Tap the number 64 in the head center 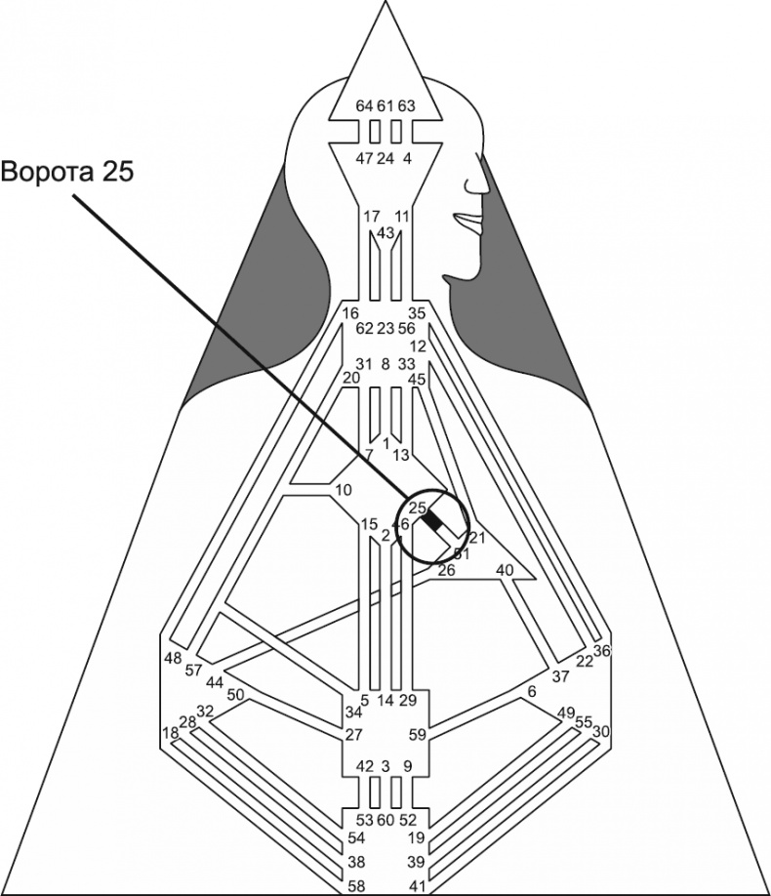(x=364, y=105)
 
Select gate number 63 (x=407, y=105)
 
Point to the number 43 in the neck (x=385, y=232)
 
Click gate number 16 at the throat (x=351, y=313)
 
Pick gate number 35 (x=418, y=313)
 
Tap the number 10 (x=343, y=489)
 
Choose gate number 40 (x=505, y=570)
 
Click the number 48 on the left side (x=173, y=658)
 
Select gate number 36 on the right (x=602, y=651)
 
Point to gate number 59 (x=418, y=735)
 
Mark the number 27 (x=353, y=735)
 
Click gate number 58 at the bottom (x=357, y=886)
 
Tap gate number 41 (x=416, y=886)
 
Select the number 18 (x=171, y=733)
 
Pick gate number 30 (x=602, y=731)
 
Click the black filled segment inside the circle (x=432, y=524)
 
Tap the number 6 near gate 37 (x=532, y=692)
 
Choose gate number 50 (x=235, y=695)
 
